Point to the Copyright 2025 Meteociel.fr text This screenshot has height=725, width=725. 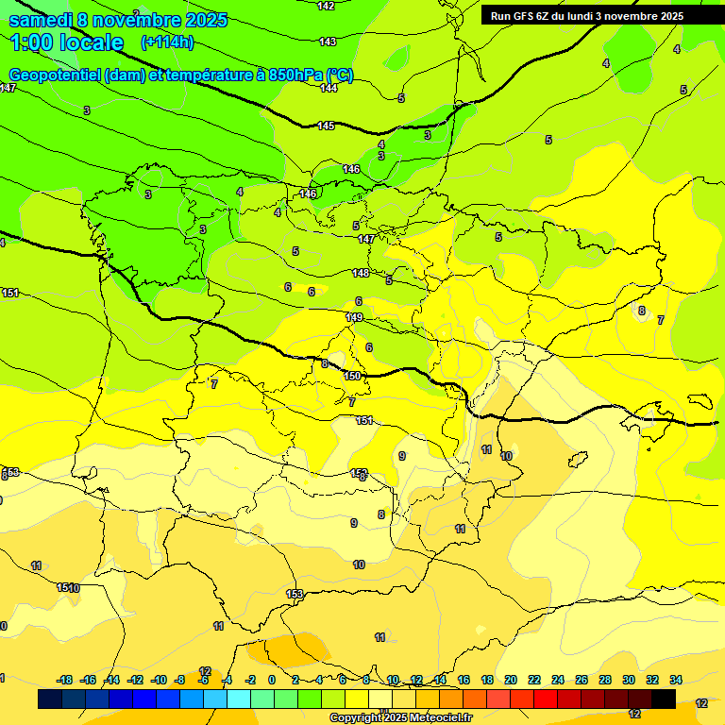coord(400,718)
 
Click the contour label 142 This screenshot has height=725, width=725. coord(326,6)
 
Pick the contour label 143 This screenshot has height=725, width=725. coord(328,42)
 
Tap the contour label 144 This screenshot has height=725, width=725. coord(329,88)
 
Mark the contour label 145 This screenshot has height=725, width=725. coord(326,126)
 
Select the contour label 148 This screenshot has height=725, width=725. coord(361,273)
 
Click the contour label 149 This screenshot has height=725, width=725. coord(355,317)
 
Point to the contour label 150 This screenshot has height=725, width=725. coord(352,376)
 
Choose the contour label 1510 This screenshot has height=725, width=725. coord(68,588)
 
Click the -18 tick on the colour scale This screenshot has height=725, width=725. coord(65,680)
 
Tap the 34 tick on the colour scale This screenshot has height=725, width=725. coord(676,680)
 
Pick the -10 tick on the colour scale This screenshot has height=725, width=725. coord(159,680)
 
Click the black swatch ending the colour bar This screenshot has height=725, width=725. coord(664,699)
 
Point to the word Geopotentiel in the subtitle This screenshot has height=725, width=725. coord(54,76)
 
